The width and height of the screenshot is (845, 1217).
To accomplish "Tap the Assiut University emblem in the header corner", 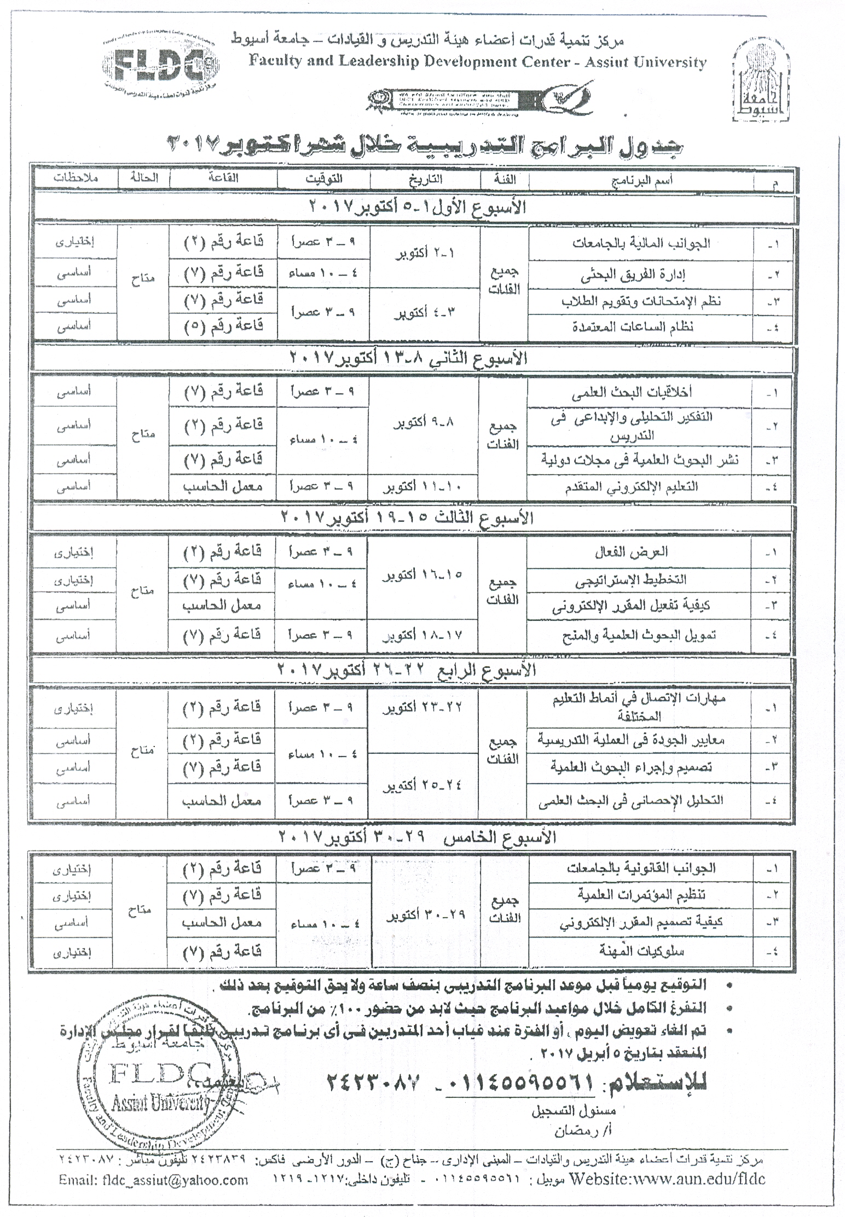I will (764, 82).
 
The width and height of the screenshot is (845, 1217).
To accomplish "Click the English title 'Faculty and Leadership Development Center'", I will (477, 62).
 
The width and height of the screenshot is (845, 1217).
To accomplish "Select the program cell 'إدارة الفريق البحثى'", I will (640, 276).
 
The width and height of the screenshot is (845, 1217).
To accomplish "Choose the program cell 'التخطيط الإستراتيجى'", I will (630, 580).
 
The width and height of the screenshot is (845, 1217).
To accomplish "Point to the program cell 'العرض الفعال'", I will (632, 552).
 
